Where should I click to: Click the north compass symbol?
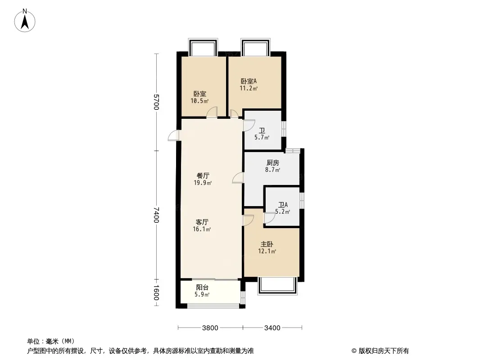tap(26, 20)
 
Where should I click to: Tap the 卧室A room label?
tap(249, 81)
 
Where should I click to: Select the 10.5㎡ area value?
tap(199, 101)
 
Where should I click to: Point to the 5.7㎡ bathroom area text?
tap(262, 137)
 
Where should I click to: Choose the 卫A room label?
tap(283, 205)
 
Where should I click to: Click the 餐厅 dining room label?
tap(203, 175)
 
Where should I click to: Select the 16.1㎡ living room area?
tap(202, 229)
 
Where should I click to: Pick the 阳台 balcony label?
tap(202, 287)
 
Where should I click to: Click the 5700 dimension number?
tap(156, 102)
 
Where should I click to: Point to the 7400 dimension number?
tap(156, 215)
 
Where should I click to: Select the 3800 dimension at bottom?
tap(210, 328)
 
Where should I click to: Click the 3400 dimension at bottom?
tap(272, 328)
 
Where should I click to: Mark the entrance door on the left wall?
tap(174, 135)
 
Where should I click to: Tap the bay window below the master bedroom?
tap(278, 286)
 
